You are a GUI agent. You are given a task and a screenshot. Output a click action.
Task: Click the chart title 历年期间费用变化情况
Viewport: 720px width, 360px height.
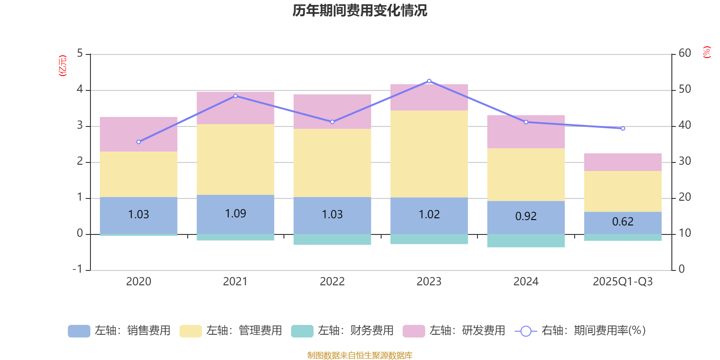coord(360,10)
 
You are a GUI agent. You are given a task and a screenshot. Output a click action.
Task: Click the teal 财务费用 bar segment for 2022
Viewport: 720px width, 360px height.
coord(332,239)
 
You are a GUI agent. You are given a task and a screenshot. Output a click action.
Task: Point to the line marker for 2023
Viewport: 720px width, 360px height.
coord(429,81)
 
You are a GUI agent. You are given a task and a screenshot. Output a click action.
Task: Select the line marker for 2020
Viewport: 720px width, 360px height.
coord(139,142)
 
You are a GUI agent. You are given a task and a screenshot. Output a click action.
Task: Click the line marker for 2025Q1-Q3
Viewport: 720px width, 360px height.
coord(623,129)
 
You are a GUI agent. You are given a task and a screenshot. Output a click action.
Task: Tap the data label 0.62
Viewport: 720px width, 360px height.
coord(623,221)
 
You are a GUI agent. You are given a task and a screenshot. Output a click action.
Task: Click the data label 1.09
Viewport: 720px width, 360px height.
coord(235,213)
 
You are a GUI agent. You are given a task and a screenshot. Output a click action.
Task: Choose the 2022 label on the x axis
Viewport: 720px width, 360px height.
coord(332,282)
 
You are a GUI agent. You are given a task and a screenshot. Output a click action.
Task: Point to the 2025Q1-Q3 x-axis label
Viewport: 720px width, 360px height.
coord(623,282)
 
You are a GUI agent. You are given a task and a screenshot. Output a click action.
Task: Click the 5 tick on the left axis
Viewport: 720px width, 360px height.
coord(80,54)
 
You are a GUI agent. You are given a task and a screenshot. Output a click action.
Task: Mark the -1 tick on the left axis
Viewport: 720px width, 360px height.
coord(78,269)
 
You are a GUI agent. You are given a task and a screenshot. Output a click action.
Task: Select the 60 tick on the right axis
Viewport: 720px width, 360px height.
coord(684,54)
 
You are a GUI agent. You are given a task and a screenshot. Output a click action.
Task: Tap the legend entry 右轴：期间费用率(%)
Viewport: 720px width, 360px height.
coord(580,331)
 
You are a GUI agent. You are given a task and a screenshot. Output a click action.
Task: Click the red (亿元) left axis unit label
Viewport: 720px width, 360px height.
coord(63,66)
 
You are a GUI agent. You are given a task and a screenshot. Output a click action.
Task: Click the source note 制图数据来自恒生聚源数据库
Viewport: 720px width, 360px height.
coord(360,355)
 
